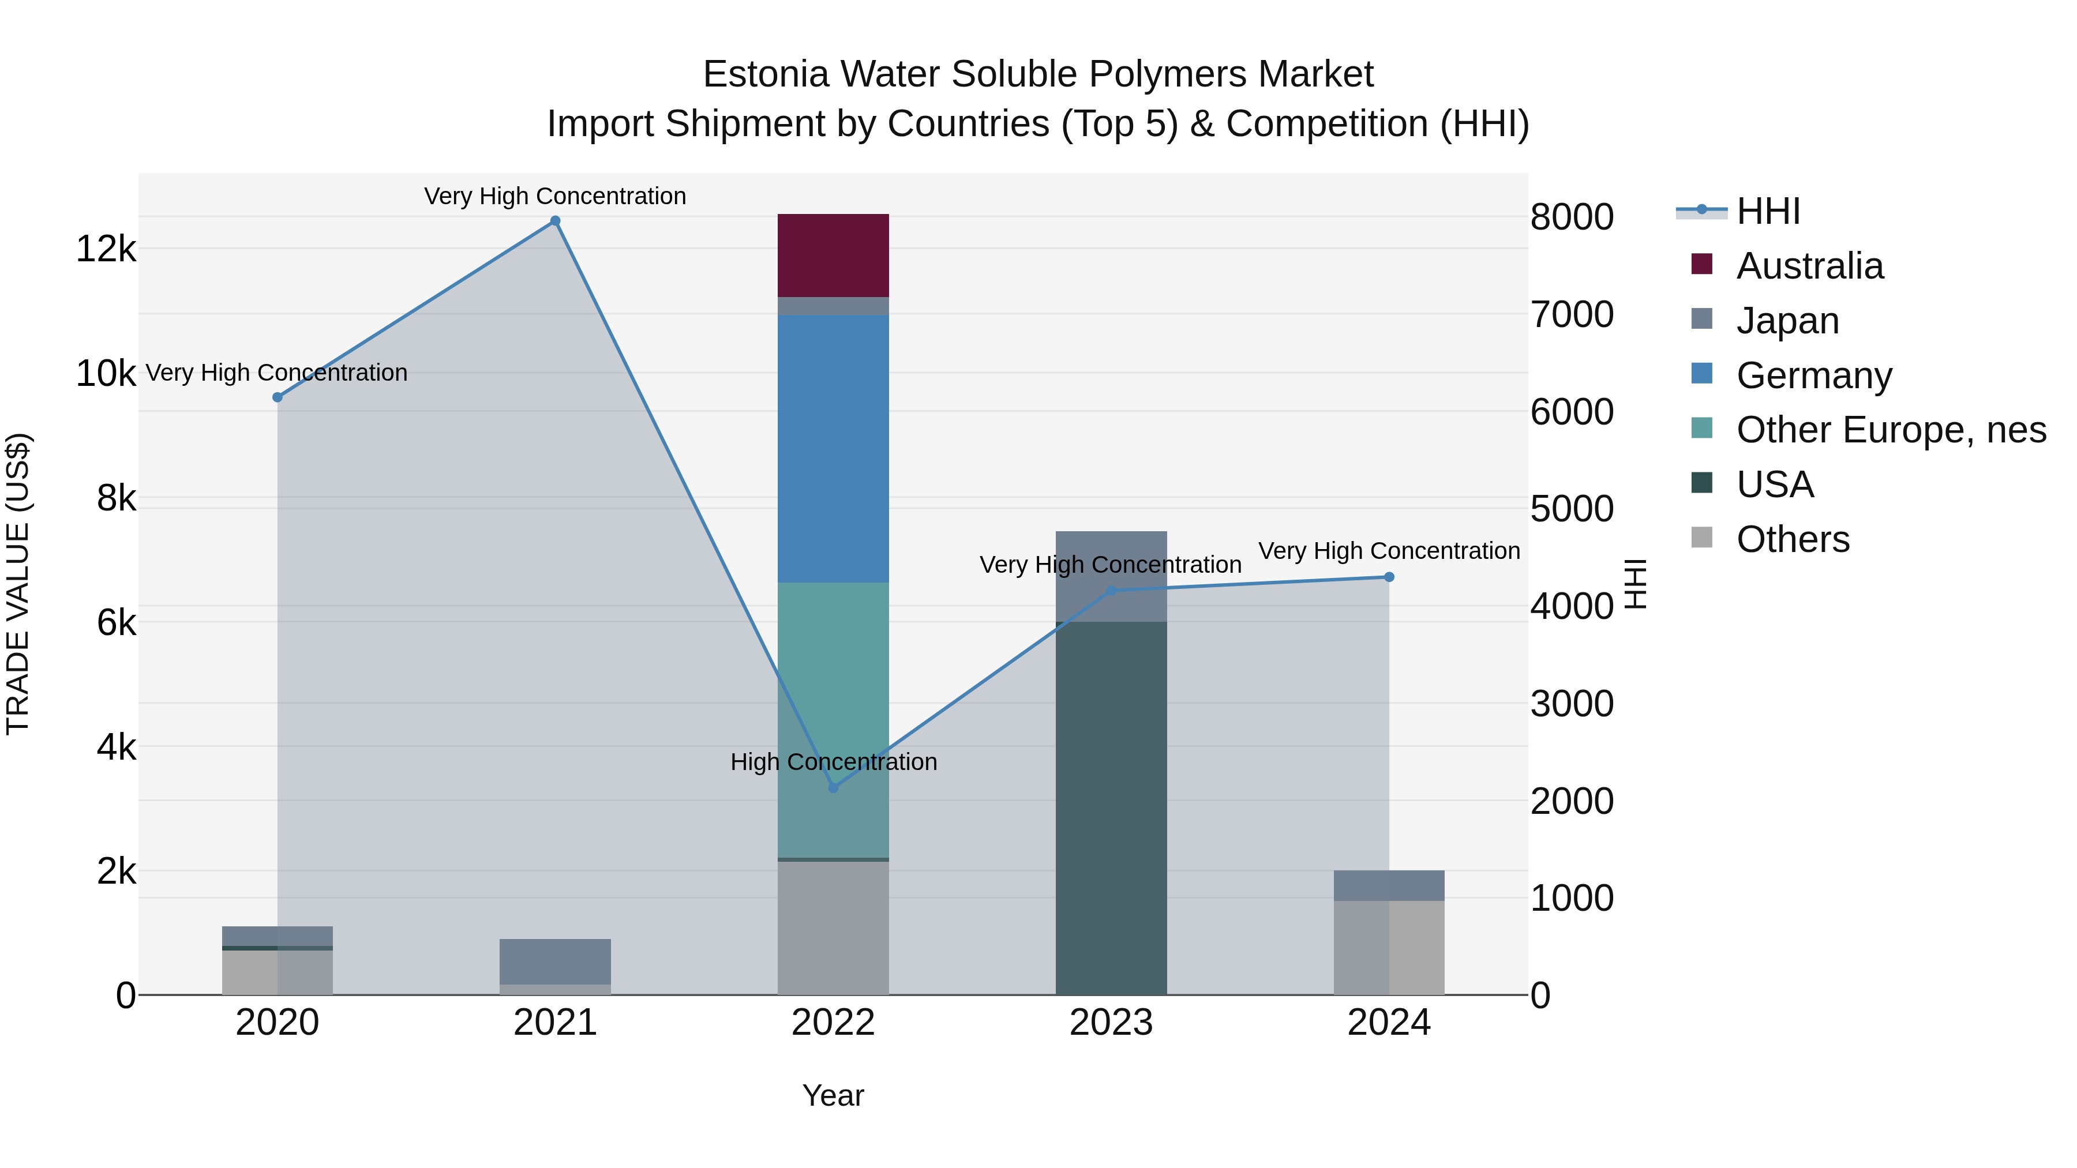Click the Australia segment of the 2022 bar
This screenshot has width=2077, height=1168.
tap(833, 255)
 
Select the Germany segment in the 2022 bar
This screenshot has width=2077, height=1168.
tap(833, 448)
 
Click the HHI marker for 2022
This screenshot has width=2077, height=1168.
tap(833, 787)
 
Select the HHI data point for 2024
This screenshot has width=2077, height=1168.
tap(1389, 577)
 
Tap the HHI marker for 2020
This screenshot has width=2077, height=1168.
tap(278, 397)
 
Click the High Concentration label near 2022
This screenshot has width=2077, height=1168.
tap(833, 762)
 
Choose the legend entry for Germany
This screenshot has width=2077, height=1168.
tap(1814, 375)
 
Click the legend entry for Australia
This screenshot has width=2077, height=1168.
tap(1809, 266)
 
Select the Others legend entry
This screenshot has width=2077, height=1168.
tap(1793, 539)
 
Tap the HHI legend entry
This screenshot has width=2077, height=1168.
tap(1767, 211)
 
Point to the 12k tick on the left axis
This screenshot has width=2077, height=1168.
tap(106, 249)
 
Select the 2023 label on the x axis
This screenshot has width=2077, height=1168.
tap(1111, 1023)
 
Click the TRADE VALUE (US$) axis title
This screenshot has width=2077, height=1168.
tap(18, 584)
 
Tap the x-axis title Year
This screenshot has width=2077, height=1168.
tap(833, 1095)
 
